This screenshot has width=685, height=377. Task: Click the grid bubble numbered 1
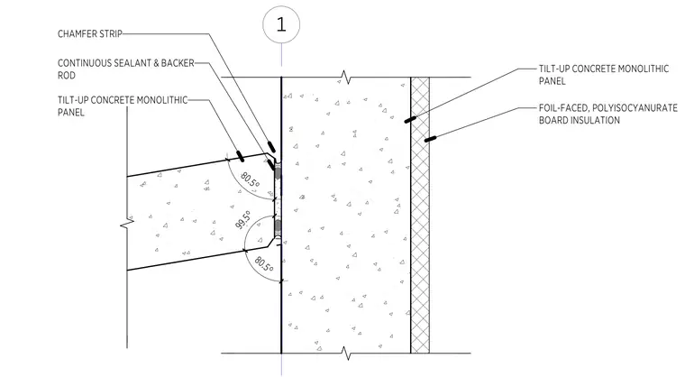click(281, 24)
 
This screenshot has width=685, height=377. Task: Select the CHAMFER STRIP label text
click(90, 34)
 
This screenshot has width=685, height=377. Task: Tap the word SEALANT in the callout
click(132, 63)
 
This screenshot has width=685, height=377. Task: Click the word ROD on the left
click(67, 76)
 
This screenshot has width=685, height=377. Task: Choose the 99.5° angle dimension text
click(242, 219)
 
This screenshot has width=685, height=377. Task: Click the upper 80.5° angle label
click(250, 179)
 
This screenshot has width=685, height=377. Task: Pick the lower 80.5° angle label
click(264, 264)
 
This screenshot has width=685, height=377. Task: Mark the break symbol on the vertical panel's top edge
click(346, 78)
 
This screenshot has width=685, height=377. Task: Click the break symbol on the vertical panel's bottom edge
click(346, 353)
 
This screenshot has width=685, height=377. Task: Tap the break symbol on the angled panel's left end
click(127, 223)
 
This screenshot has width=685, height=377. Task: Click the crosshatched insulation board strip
click(420, 216)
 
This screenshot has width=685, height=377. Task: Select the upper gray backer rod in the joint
click(278, 174)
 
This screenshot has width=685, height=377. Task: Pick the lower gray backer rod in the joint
click(278, 225)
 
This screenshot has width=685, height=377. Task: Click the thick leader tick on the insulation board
click(430, 139)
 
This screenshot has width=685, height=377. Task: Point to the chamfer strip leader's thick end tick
click(271, 146)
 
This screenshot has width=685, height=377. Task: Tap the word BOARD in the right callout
click(552, 120)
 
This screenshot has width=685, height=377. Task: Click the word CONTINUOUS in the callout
click(85, 63)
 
